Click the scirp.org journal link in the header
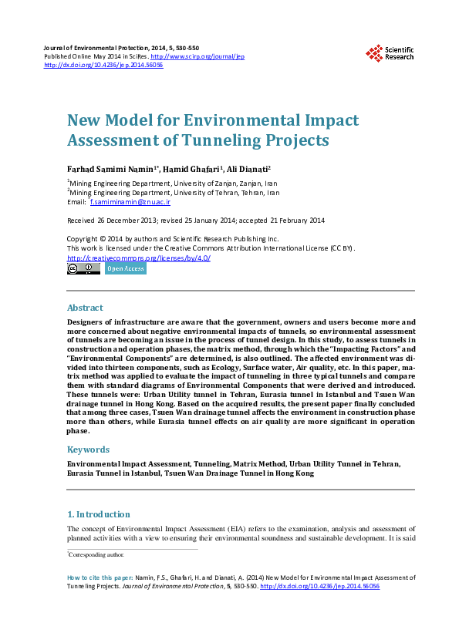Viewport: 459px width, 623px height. tap(197, 57)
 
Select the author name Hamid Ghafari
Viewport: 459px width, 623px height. tap(194, 168)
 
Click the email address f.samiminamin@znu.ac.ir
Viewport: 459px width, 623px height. tap(130, 202)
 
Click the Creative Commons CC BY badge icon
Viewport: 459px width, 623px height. tap(83, 269)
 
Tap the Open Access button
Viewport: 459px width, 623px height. tap(125, 269)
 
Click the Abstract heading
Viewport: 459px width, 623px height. tap(85, 308)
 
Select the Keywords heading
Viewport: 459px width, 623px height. tap(88, 450)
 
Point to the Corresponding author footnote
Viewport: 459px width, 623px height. tap(96, 554)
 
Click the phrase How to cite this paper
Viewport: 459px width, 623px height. tap(97, 577)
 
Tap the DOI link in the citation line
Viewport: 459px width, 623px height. tap(320, 586)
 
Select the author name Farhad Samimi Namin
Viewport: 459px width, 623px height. tap(111, 168)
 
